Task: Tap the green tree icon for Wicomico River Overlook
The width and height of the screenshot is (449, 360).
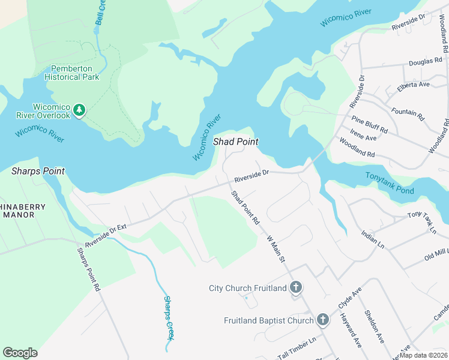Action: click(79, 110)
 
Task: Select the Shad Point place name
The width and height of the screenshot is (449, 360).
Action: click(236, 142)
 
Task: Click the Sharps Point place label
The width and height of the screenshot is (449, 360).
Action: click(38, 171)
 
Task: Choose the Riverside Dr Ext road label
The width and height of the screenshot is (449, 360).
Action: click(107, 235)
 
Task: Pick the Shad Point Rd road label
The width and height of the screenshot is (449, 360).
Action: click(246, 209)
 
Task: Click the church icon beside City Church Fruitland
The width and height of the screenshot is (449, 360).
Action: click(295, 288)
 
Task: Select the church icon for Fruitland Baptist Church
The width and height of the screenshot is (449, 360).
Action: click(322, 320)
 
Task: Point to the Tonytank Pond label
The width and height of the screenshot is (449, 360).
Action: click(390, 182)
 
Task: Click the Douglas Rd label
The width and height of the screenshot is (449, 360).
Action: click(425, 61)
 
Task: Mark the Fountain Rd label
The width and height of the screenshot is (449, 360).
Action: click(407, 114)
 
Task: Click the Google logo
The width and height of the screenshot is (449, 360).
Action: click(20, 353)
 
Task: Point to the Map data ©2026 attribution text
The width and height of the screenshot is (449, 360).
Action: click(423, 355)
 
